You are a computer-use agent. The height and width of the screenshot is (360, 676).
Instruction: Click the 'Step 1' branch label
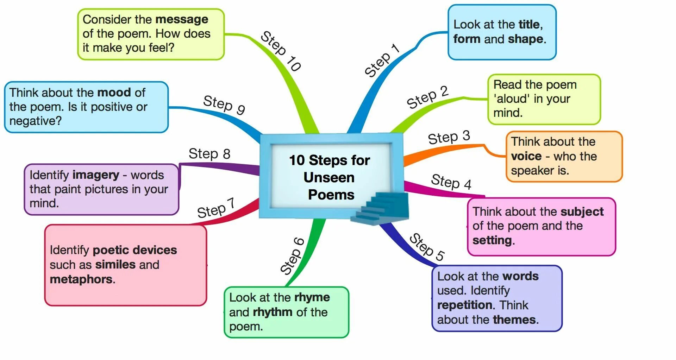click(x=382, y=61)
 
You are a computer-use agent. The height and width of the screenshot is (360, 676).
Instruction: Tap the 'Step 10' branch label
click(x=281, y=51)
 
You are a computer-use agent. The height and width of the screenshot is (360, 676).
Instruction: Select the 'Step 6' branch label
click(x=292, y=256)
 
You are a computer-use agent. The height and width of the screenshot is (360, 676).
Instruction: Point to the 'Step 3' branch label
click(x=449, y=137)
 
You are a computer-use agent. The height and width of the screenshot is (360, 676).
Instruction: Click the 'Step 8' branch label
click(x=209, y=154)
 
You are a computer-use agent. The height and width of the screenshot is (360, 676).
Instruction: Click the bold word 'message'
click(x=182, y=19)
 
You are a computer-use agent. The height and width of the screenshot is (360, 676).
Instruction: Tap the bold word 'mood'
click(x=114, y=93)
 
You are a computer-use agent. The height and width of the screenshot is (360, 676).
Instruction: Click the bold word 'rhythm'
click(x=273, y=312)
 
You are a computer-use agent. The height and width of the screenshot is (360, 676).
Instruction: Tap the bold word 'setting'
click(x=492, y=240)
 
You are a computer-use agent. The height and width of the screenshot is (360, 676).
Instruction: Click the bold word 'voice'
click(x=526, y=156)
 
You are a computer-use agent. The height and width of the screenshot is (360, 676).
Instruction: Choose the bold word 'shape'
click(x=526, y=39)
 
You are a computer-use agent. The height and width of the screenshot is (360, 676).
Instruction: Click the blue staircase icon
click(x=382, y=209)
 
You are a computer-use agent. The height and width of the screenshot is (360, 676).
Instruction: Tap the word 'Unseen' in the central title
click(x=329, y=178)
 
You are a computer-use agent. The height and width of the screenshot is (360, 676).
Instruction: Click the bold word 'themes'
click(x=514, y=320)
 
